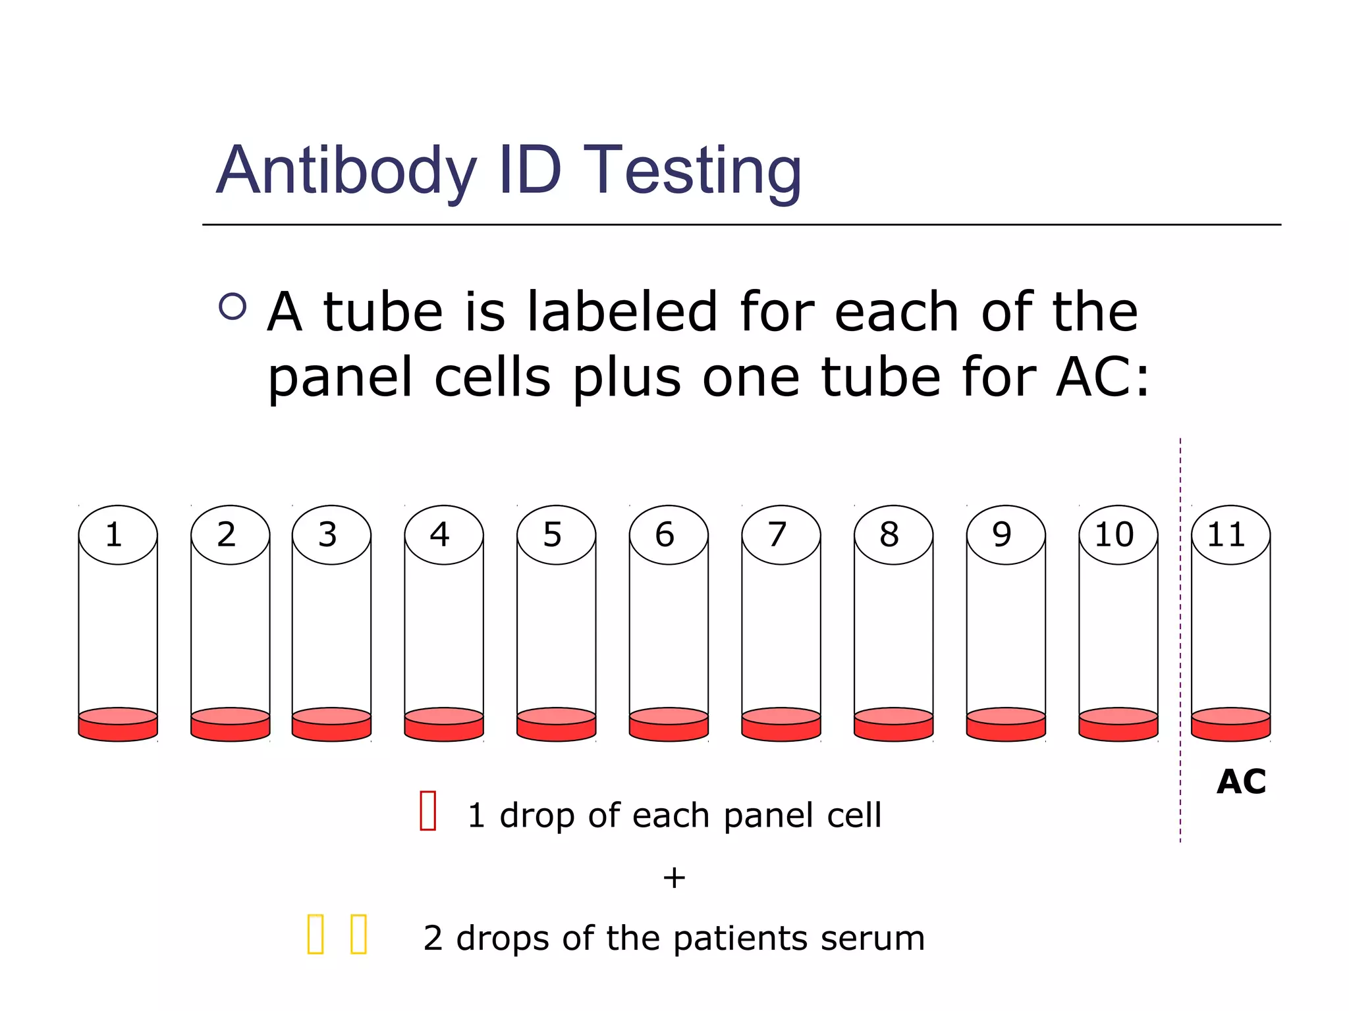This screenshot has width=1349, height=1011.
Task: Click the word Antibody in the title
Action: click(x=346, y=171)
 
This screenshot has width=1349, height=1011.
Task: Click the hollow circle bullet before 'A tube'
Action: click(x=233, y=306)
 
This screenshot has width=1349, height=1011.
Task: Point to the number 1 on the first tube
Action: click(x=114, y=534)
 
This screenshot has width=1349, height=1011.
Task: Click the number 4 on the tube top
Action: click(x=440, y=534)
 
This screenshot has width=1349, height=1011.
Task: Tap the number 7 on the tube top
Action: click(x=777, y=534)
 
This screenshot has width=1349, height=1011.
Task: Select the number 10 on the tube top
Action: click(x=1114, y=534)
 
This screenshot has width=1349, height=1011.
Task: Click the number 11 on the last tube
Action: click(x=1226, y=534)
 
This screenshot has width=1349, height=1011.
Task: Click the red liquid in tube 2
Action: click(x=230, y=725)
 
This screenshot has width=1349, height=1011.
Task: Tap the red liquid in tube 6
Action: click(x=669, y=725)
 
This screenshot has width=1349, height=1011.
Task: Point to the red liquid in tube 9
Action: click(x=1006, y=725)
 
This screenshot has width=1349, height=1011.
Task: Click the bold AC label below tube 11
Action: click(x=1241, y=782)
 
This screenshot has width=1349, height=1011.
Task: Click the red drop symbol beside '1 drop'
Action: click(x=428, y=811)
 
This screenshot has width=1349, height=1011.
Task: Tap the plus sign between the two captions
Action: click(x=674, y=878)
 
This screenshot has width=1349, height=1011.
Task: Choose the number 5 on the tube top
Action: click(x=552, y=534)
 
